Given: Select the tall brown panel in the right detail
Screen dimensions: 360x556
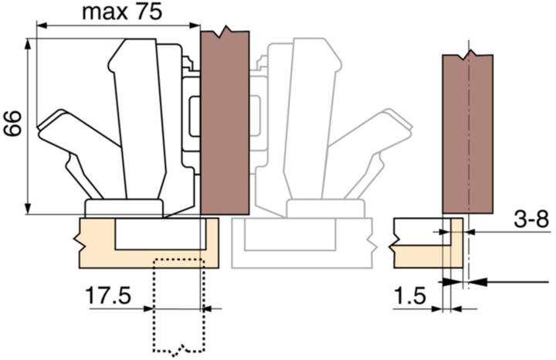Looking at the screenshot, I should coord(468,135).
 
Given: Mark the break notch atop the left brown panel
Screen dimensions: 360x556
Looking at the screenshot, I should coord(224,33).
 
